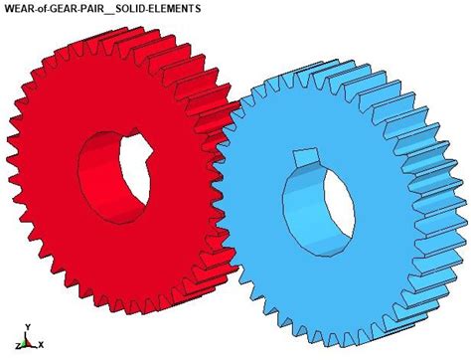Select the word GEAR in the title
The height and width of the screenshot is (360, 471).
(x=73, y=8)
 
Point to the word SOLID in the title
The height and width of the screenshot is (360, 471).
(x=147, y=8)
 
